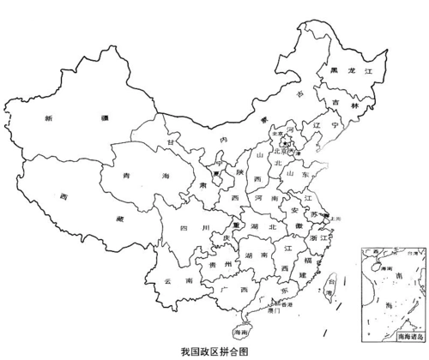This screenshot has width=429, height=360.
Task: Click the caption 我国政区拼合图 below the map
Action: [214, 351]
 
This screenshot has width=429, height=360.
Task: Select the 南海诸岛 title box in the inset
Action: [410, 339]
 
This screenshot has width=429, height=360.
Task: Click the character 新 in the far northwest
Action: [50, 117]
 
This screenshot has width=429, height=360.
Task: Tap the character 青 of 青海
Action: [129, 176]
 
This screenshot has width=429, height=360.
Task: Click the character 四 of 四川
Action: [182, 227]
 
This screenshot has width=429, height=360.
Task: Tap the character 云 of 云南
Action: [167, 280]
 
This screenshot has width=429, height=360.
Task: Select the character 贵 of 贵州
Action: [213, 265]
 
